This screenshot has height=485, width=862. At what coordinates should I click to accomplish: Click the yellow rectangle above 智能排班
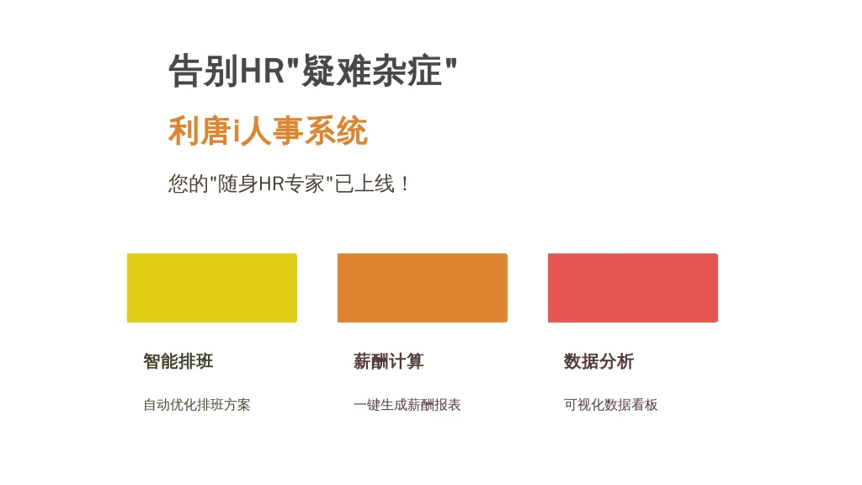212,288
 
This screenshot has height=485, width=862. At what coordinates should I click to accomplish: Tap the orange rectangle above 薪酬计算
423,288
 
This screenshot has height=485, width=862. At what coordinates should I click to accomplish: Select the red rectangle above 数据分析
633,288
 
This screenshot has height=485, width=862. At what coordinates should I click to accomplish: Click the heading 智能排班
178,361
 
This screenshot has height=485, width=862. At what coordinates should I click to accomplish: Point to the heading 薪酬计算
389,361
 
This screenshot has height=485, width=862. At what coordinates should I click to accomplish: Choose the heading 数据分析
599,361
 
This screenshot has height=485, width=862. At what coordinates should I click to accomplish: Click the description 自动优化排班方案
197,405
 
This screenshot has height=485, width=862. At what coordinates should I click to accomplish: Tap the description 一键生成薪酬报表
407,405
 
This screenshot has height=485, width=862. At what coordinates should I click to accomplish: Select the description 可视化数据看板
611,405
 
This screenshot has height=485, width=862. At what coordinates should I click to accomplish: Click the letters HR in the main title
262,71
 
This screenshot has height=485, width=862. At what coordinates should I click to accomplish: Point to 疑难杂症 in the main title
372,71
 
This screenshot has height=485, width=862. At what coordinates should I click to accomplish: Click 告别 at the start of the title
203,71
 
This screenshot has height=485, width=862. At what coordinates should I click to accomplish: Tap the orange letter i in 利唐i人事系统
236,131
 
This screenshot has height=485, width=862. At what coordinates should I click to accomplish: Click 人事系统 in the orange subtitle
304,131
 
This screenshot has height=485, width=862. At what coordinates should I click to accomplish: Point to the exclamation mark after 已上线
405,184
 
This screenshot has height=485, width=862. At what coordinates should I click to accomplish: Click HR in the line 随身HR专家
271,184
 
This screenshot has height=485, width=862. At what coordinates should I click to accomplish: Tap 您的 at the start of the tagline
188,184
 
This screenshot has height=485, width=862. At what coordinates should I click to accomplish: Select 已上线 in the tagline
364,184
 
